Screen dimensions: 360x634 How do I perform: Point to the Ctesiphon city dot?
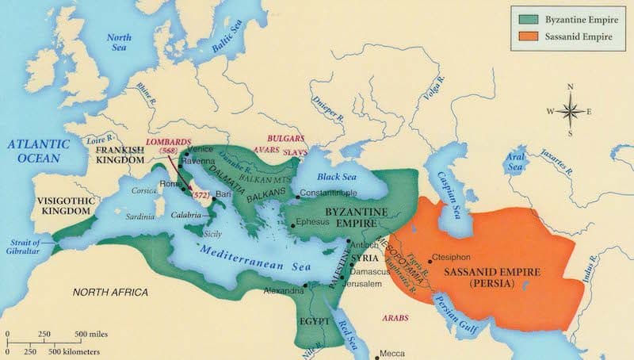point(429,259)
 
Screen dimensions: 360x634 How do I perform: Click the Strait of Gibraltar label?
point(25,246)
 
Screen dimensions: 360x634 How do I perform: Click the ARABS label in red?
point(397,316)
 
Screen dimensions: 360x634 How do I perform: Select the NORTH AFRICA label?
point(110,293)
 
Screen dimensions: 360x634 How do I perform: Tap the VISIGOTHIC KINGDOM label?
point(66,209)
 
